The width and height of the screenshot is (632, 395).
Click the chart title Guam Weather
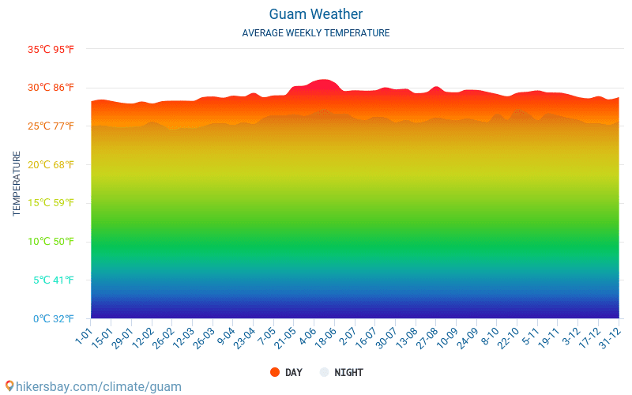(316, 14)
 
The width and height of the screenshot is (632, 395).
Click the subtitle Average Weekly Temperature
(316, 33)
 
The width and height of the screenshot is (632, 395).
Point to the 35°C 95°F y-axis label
(51, 49)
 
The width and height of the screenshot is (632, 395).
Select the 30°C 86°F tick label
(51, 88)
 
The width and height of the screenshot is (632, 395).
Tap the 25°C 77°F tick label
(51, 126)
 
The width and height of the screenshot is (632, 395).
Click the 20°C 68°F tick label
(51, 164)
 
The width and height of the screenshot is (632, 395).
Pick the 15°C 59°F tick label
(51, 203)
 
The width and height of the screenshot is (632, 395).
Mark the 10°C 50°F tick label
(51, 242)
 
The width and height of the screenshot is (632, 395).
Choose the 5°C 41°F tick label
(53, 280)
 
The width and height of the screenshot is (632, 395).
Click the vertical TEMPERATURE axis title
(17, 184)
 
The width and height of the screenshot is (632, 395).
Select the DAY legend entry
(286, 373)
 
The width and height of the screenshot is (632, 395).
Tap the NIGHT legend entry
(341, 373)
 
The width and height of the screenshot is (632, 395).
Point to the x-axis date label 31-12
(608, 337)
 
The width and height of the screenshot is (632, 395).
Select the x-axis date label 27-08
(426, 337)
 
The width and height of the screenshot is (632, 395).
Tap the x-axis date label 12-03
(182, 337)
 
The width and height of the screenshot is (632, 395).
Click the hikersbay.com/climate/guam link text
(93, 386)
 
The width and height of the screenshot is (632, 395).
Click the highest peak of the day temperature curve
(323, 80)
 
